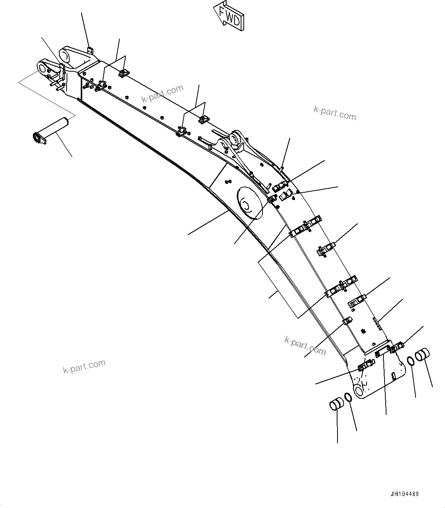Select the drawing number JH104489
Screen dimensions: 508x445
coord(404,494)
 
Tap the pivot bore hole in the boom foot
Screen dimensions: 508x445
coord(359,390)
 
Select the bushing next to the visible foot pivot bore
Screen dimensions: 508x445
coord(336,405)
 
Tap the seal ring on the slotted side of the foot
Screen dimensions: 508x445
coord(411,361)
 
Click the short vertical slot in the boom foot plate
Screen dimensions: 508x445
coord(394,376)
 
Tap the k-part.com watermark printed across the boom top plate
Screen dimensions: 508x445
coord(163,94)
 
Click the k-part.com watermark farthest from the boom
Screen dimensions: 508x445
coord(84,366)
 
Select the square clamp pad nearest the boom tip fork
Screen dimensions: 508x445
coord(123,73)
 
